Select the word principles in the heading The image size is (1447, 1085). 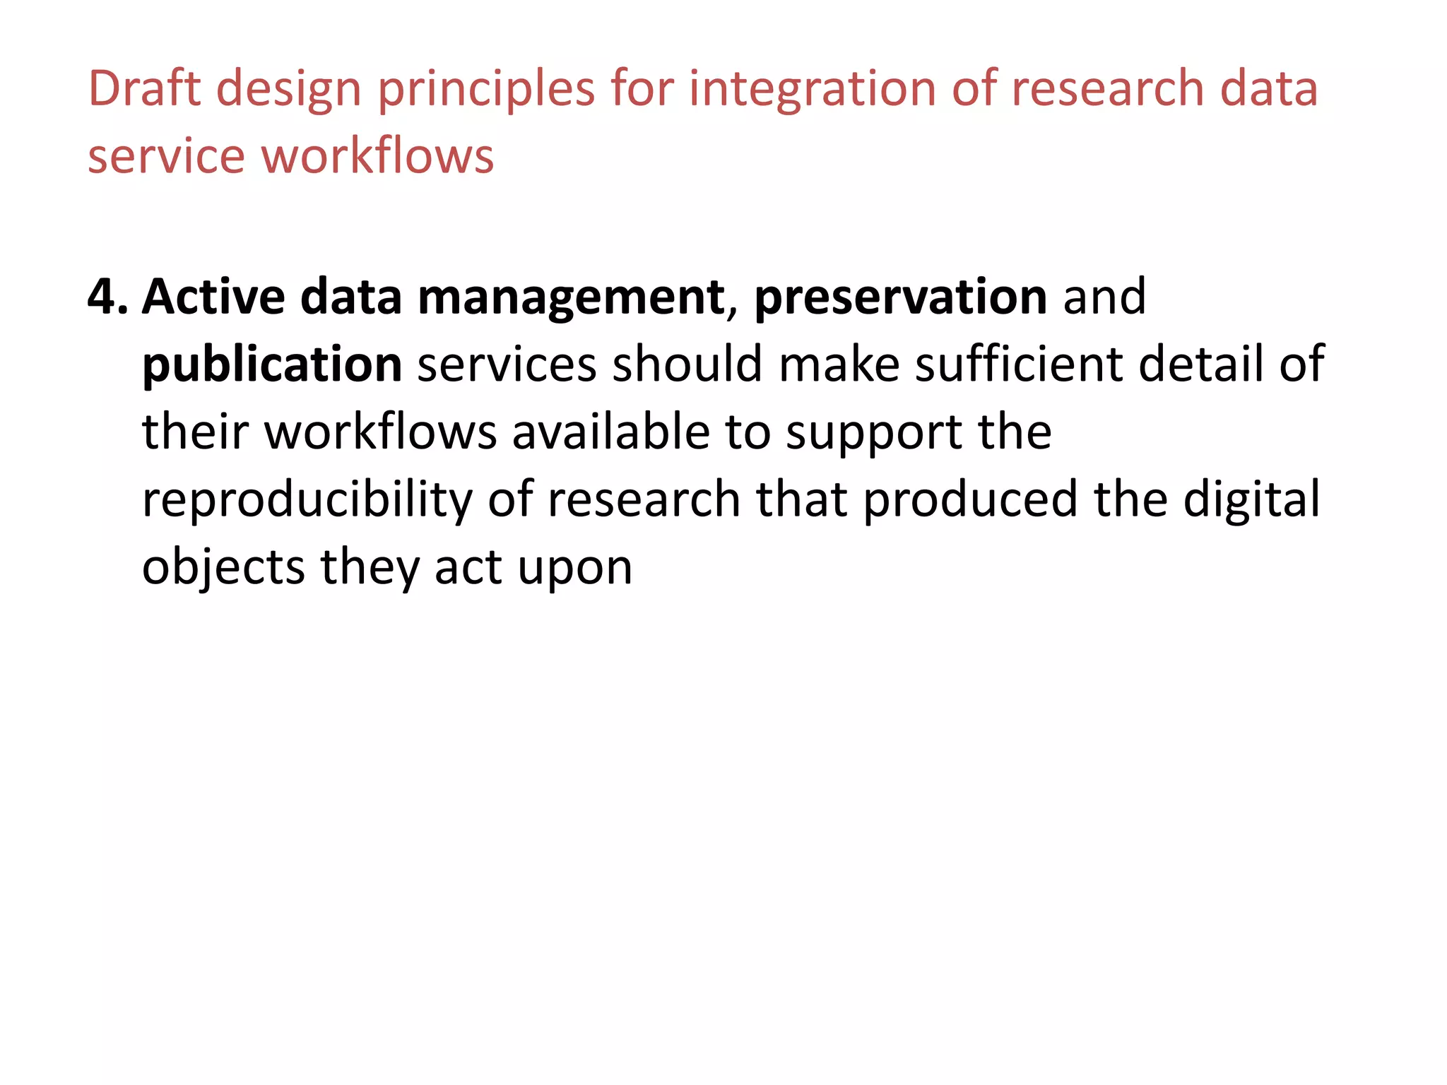point(487,90)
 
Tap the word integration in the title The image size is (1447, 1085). point(812,90)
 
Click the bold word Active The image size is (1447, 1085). point(213,297)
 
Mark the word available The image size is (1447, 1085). point(610,432)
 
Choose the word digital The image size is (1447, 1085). point(1251,500)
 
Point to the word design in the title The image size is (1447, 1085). point(289,90)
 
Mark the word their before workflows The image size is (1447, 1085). point(195,432)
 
